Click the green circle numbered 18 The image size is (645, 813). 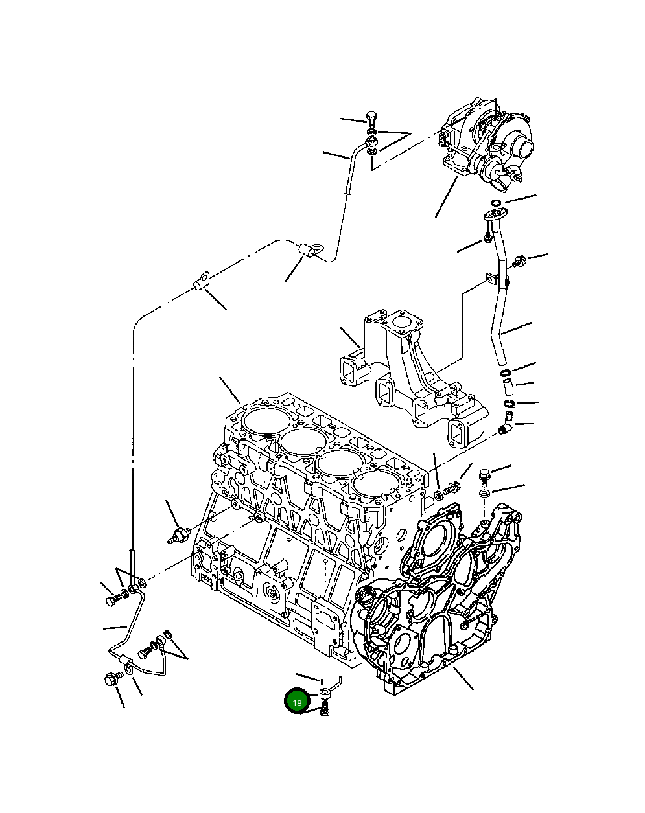(297, 702)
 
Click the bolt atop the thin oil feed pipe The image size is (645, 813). (371, 119)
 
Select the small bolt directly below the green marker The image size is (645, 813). (325, 712)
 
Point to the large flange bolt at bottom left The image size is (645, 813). (110, 680)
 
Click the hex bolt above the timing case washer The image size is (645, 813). (484, 477)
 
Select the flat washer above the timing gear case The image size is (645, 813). (484, 494)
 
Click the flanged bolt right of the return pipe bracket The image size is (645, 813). (518, 262)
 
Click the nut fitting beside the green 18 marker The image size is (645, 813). (325, 695)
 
